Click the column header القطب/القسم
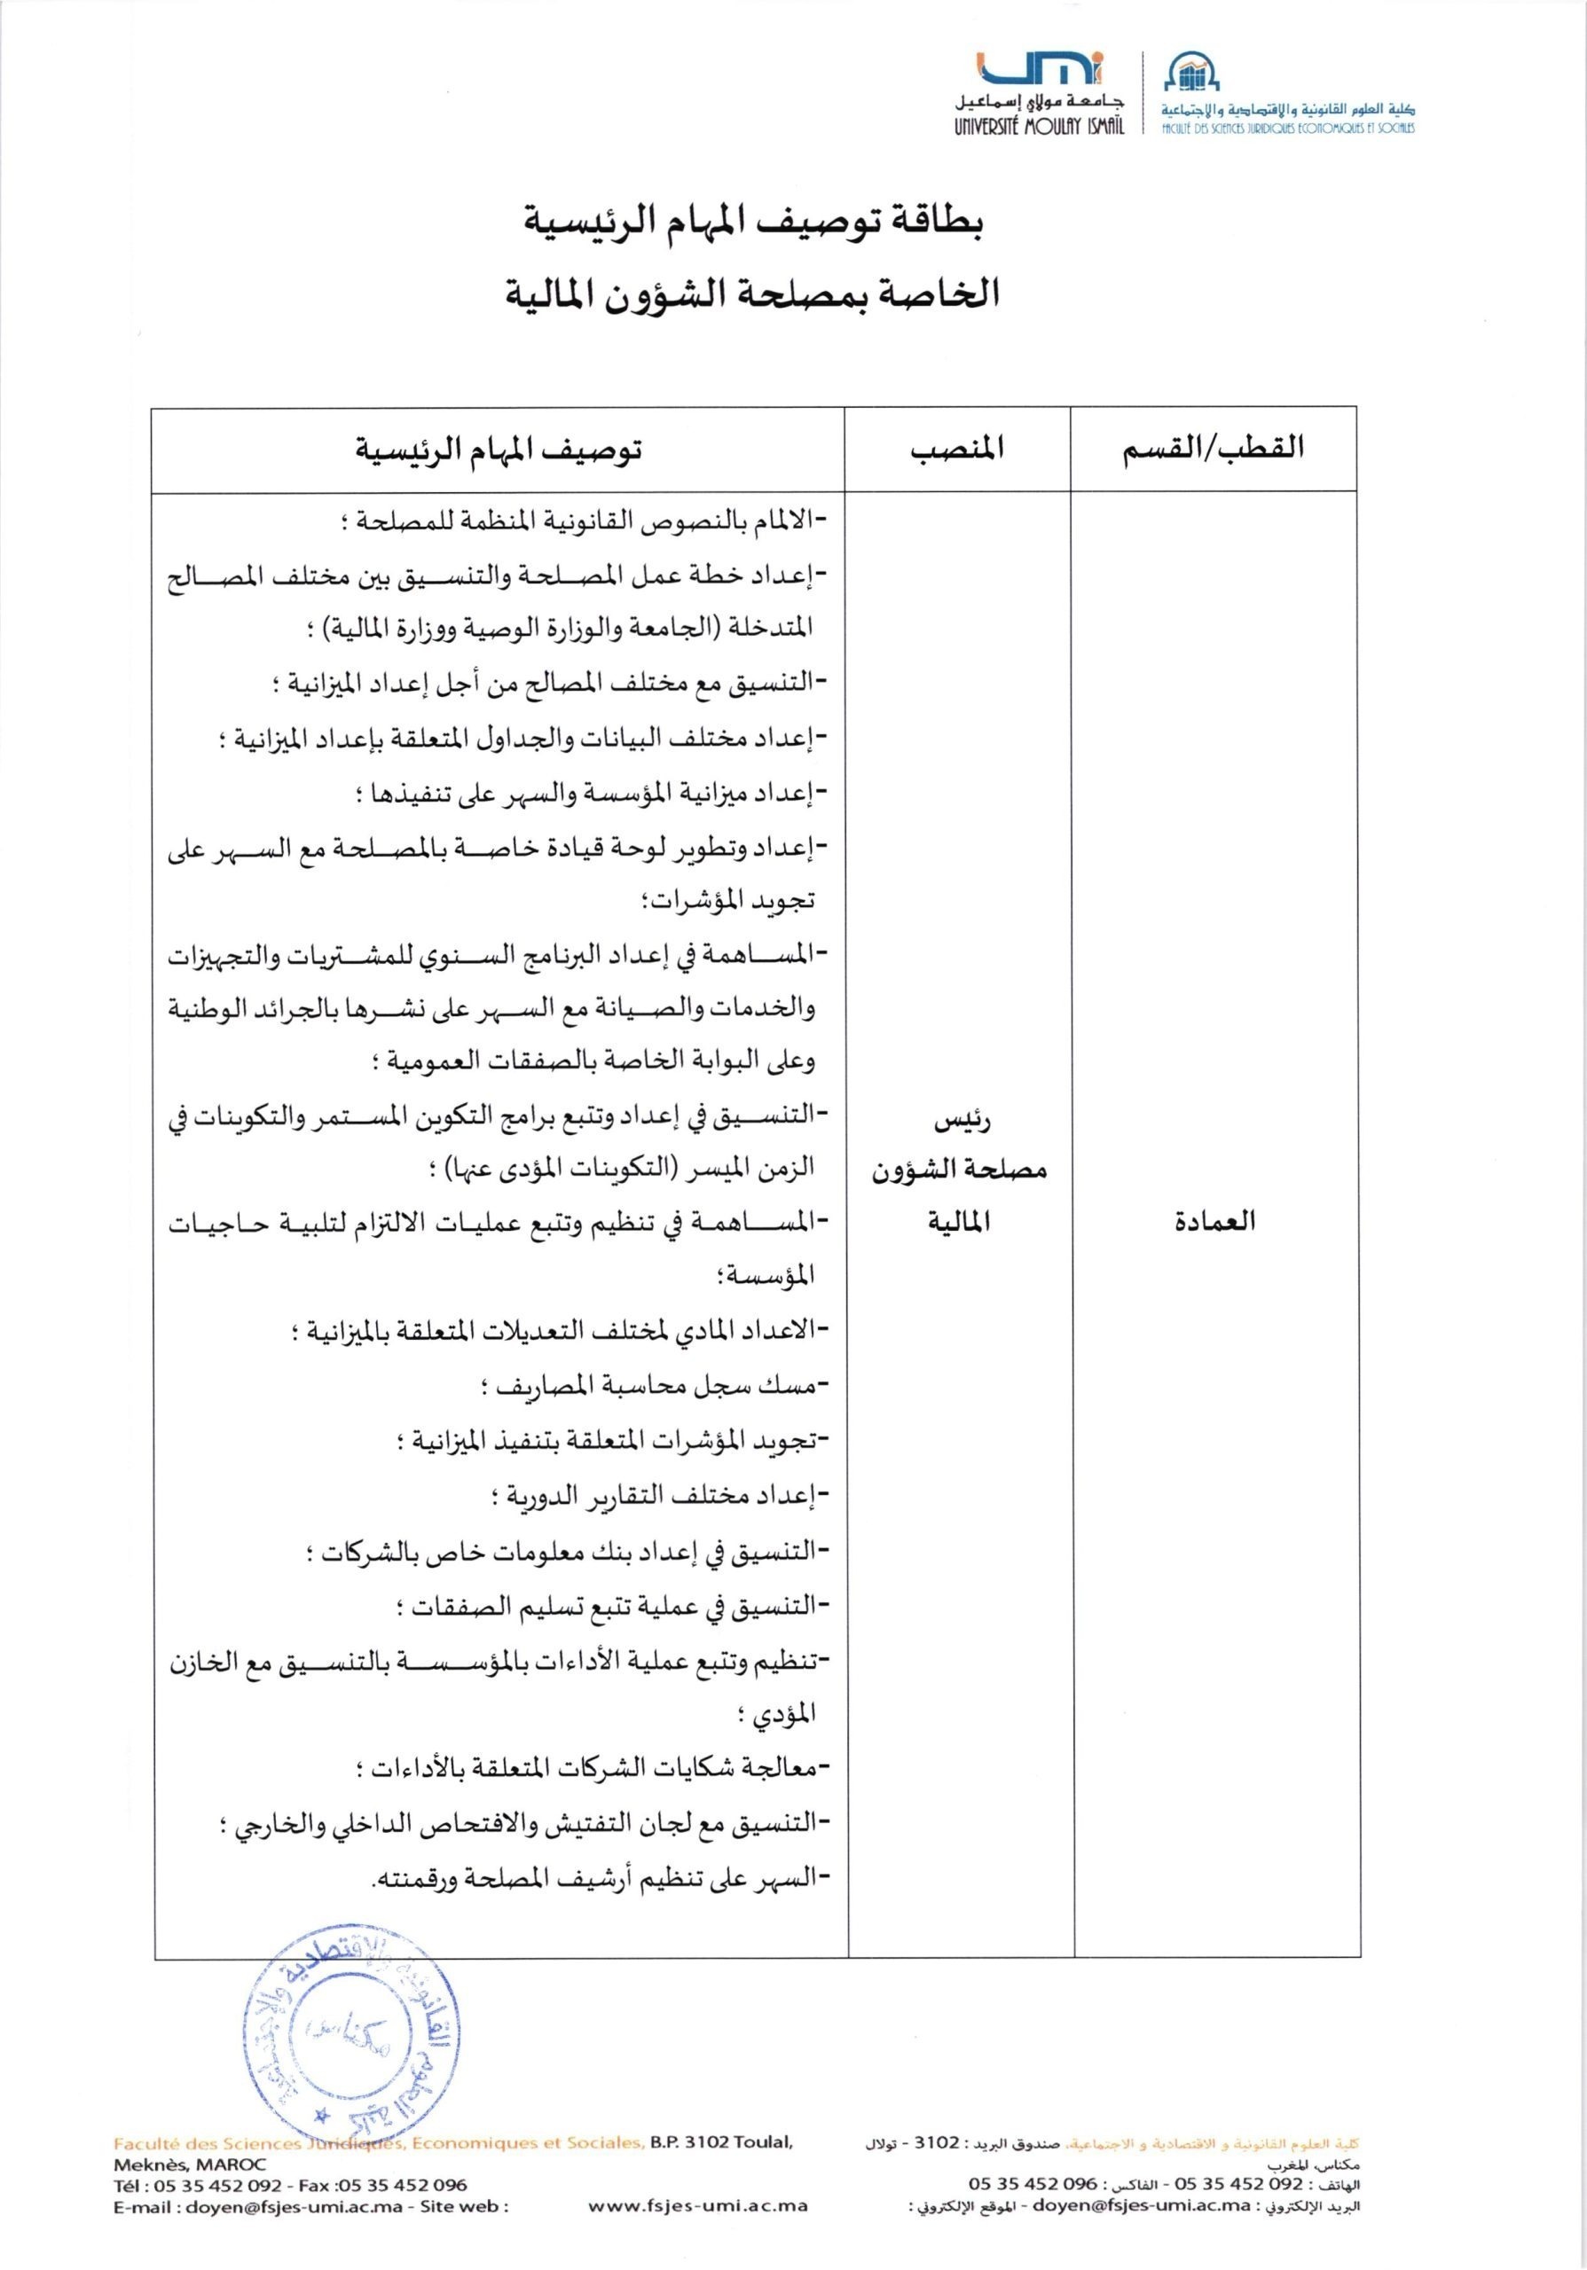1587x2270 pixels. (x=1213, y=448)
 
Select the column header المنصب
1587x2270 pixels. (x=956, y=448)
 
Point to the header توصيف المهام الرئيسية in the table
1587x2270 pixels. (x=499, y=449)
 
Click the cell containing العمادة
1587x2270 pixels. (x=1214, y=1221)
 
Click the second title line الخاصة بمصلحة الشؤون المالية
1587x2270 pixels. (x=753, y=294)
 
